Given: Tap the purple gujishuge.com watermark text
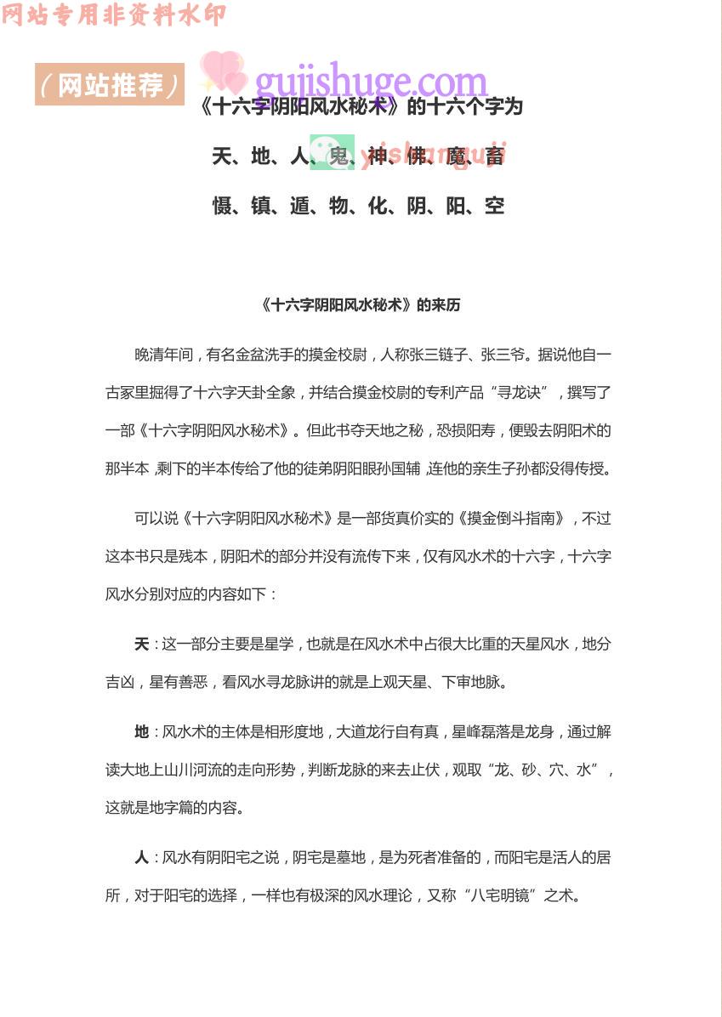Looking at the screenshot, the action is (372, 82).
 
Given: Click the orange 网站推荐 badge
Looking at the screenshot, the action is (110, 84).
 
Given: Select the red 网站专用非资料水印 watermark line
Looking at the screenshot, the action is (114, 14).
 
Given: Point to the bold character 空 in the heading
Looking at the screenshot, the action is (495, 206).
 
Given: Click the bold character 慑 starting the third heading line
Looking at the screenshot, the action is (223, 206).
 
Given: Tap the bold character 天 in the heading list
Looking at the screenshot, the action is (223, 156).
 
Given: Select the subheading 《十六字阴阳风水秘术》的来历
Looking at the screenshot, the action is (361, 305).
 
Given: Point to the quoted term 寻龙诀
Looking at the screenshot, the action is (528, 393).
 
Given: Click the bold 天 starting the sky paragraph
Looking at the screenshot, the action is (141, 645).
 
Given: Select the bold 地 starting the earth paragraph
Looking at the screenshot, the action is (141, 732).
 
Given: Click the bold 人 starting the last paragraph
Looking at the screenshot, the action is (141, 858).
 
